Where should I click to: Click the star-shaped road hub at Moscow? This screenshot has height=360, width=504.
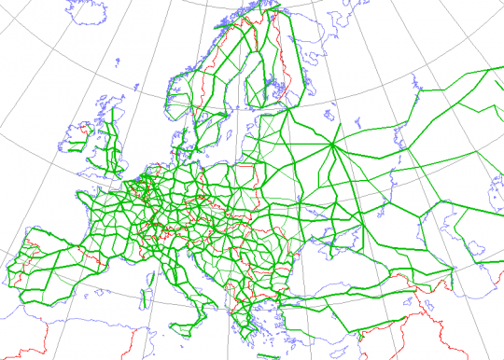[x=333, y=145]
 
